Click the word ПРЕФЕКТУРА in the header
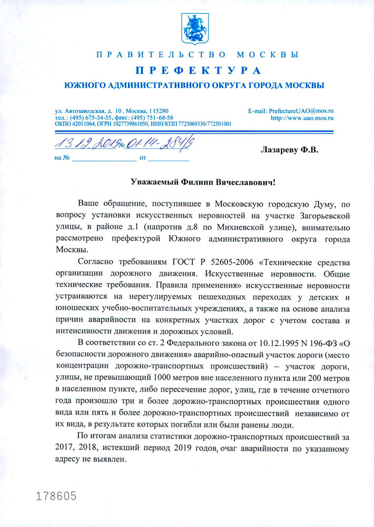click(198, 71)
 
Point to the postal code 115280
click(158, 111)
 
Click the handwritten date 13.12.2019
click(85, 142)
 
